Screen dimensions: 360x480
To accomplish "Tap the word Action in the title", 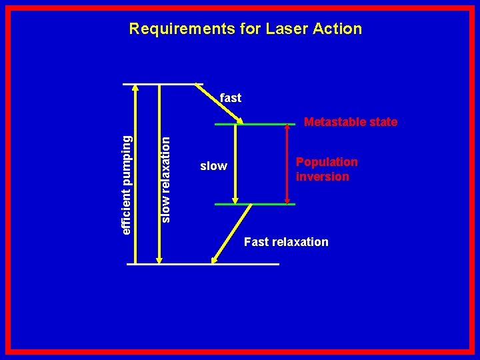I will coord(340,29).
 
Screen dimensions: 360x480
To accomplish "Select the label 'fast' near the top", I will coord(231,98).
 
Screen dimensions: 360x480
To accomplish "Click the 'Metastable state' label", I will coord(351,122).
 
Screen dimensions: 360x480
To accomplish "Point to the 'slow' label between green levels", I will coord(213,166).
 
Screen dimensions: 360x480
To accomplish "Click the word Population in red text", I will coord(327,162).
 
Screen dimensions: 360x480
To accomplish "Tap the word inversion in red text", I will coord(323,177).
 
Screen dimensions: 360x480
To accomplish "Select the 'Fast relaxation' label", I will coord(286,241).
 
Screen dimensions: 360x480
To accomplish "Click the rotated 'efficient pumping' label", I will coord(127,184).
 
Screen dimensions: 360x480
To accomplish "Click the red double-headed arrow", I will coord(287,164).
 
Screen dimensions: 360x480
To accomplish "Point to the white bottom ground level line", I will coord(203,264).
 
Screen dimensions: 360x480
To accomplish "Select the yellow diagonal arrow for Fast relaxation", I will coord(232,233).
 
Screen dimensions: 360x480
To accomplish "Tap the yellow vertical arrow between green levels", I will coord(235,164).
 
